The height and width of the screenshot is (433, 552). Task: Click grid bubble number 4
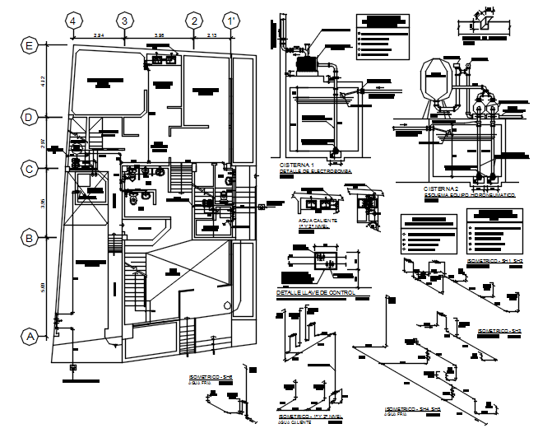coord(72,20)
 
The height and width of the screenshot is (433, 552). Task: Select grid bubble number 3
coord(124,20)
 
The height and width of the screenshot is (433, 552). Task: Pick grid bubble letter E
coord(30,46)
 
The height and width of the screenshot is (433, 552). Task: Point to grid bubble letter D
coord(30,118)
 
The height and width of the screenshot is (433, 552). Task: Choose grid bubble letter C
coord(30,170)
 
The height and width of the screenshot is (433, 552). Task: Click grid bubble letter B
coord(30,239)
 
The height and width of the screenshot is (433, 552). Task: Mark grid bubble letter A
coord(30,336)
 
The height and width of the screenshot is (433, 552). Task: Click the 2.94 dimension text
coord(98,35)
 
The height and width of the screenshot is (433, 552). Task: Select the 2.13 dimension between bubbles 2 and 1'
coord(212,35)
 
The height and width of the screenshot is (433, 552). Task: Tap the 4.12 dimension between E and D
coord(44,81)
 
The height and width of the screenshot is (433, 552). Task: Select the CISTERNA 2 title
coord(441,189)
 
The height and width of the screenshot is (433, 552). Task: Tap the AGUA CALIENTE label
coord(315,221)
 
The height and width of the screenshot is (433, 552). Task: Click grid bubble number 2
coord(194,20)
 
